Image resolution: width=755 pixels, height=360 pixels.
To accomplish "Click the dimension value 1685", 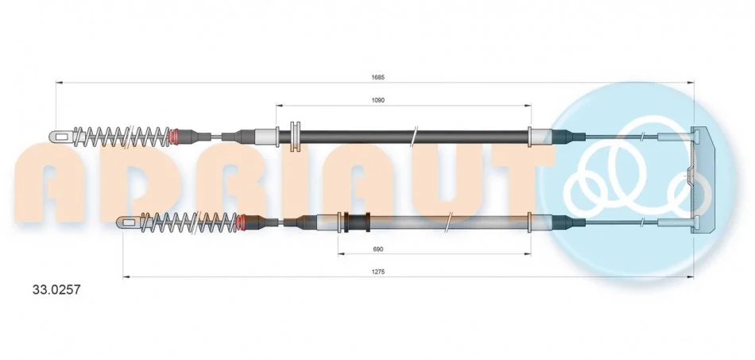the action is [x=377, y=77].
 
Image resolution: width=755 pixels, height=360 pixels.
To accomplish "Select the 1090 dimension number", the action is [x=378, y=100].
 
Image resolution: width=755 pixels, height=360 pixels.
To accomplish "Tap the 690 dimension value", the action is [x=378, y=249].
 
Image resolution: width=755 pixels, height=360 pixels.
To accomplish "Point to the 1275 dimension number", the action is [x=378, y=272].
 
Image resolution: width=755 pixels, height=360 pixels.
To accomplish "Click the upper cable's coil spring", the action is [x=122, y=137].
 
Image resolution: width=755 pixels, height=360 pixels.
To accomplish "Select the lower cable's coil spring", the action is [x=189, y=223].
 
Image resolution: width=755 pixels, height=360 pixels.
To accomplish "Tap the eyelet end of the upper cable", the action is [x=61, y=137].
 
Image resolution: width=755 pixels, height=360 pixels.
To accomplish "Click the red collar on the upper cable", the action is [x=176, y=137].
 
